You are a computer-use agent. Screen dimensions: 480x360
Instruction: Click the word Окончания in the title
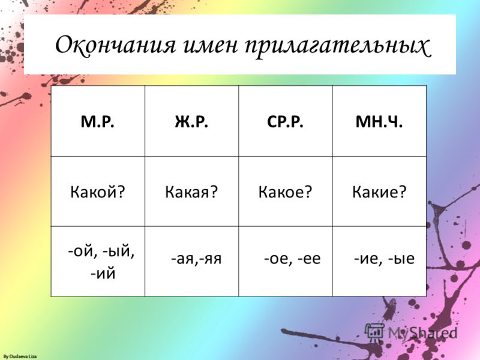116,44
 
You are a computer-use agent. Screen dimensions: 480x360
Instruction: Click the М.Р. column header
98,122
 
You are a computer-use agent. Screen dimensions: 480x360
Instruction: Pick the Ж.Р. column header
191,122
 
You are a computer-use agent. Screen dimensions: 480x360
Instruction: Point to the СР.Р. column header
286,122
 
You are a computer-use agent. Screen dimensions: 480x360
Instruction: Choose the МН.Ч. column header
379,122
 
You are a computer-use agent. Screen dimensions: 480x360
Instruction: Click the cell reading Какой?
98,192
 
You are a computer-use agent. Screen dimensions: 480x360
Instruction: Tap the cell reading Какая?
191,192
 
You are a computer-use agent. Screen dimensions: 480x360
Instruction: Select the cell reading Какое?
286,192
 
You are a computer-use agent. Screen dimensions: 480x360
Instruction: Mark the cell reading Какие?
379,192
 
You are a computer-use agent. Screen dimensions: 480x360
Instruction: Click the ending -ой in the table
81,251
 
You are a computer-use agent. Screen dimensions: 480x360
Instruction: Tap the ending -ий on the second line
103,273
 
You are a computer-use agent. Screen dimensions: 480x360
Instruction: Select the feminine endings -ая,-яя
196,259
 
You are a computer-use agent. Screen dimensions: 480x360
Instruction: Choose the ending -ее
309,259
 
